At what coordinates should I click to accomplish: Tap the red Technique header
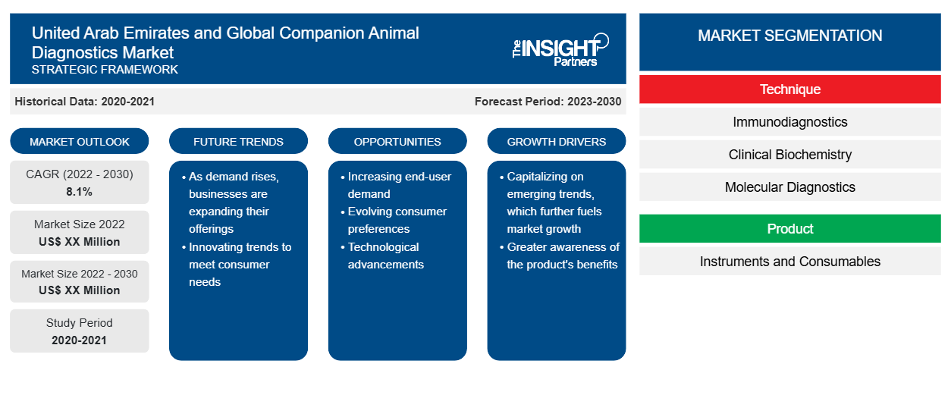point(789,89)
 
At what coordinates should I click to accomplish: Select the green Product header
point(789,228)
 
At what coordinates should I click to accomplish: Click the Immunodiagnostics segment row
point(789,122)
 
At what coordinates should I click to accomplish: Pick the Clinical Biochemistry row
point(789,155)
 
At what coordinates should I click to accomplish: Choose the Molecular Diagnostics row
point(789,187)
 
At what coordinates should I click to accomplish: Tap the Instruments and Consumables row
point(789,261)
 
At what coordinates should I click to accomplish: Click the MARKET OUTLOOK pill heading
point(80,141)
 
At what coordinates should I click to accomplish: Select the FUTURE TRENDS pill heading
point(238,141)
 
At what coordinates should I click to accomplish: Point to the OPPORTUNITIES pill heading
point(397,141)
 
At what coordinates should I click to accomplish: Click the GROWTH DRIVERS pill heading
point(556,141)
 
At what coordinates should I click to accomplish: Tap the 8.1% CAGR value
point(79,192)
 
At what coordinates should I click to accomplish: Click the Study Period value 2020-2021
point(79,340)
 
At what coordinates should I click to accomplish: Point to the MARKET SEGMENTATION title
point(789,35)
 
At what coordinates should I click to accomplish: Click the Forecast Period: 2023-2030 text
point(548,102)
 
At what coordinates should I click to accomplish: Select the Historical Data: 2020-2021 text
point(84,102)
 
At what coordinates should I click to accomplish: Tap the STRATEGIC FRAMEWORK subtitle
point(105,70)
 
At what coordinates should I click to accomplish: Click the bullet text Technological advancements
point(385,256)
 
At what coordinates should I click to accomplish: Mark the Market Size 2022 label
point(80,224)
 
